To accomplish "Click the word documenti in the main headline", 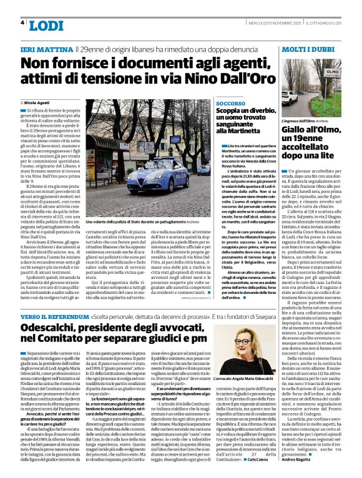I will (x=124, y=64).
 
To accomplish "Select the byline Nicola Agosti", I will (x=38, y=101).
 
